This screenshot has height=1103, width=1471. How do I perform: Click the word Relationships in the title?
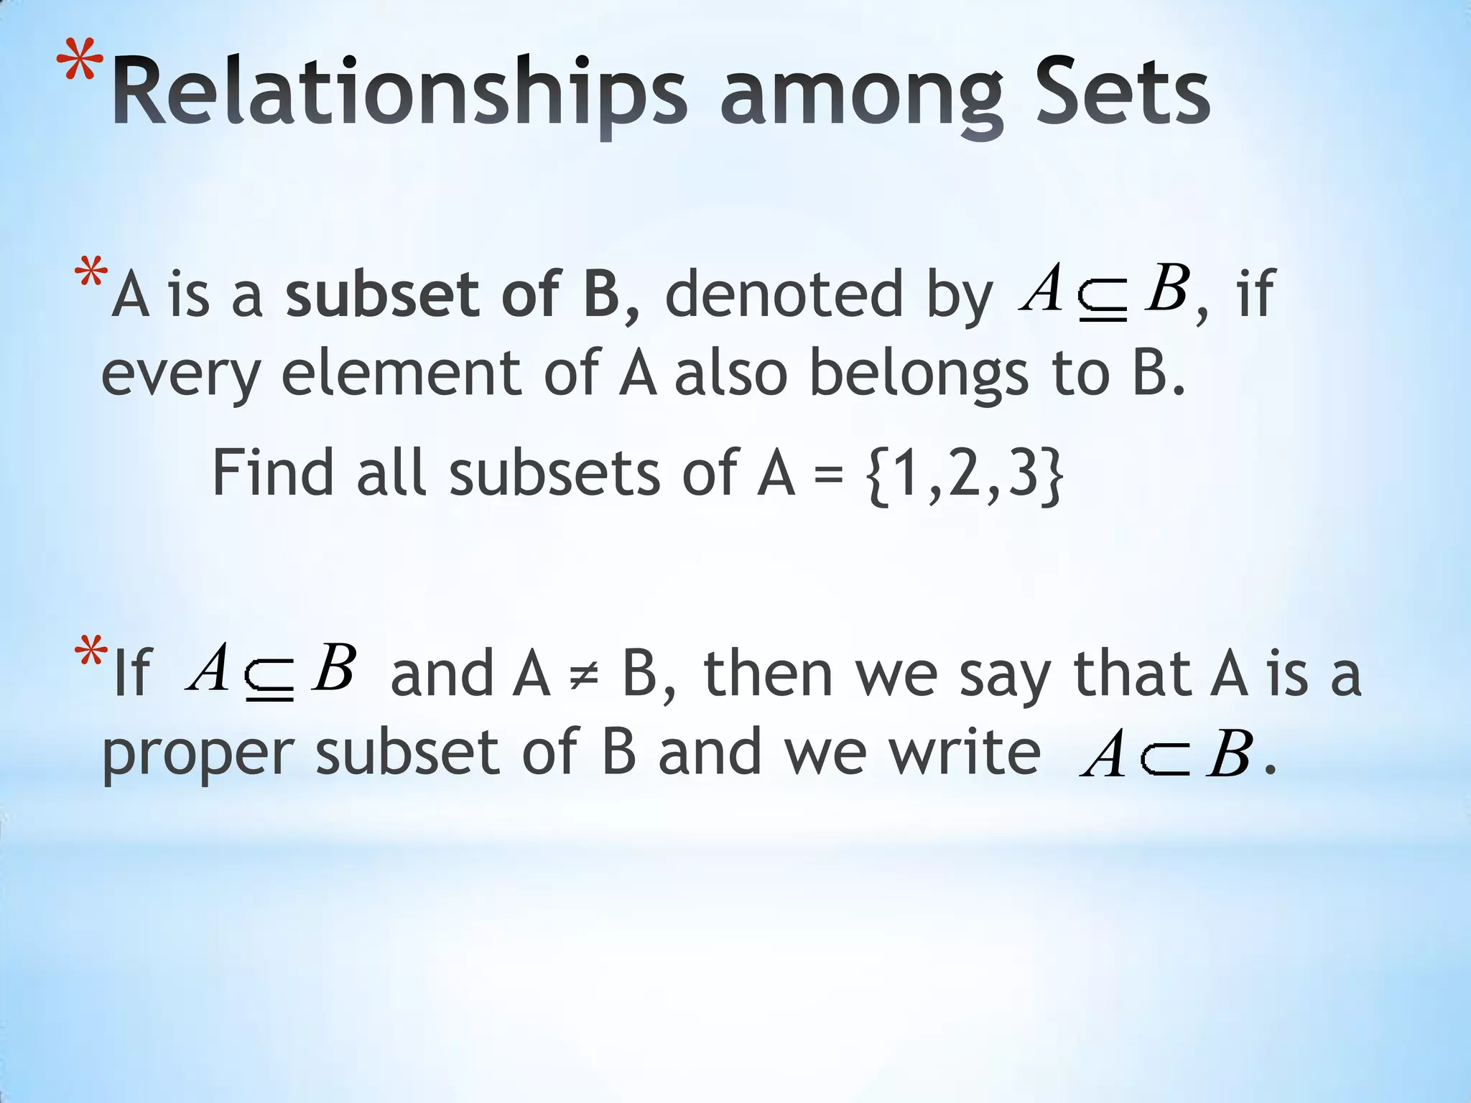[x=399, y=93]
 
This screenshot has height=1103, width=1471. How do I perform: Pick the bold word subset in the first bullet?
[x=381, y=294]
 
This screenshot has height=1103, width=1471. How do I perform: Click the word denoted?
[x=783, y=294]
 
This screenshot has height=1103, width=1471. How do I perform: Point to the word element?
[x=401, y=373]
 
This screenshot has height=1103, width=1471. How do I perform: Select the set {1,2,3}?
[x=966, y=474]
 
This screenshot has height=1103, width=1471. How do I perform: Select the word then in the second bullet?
[x=768, y=675]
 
